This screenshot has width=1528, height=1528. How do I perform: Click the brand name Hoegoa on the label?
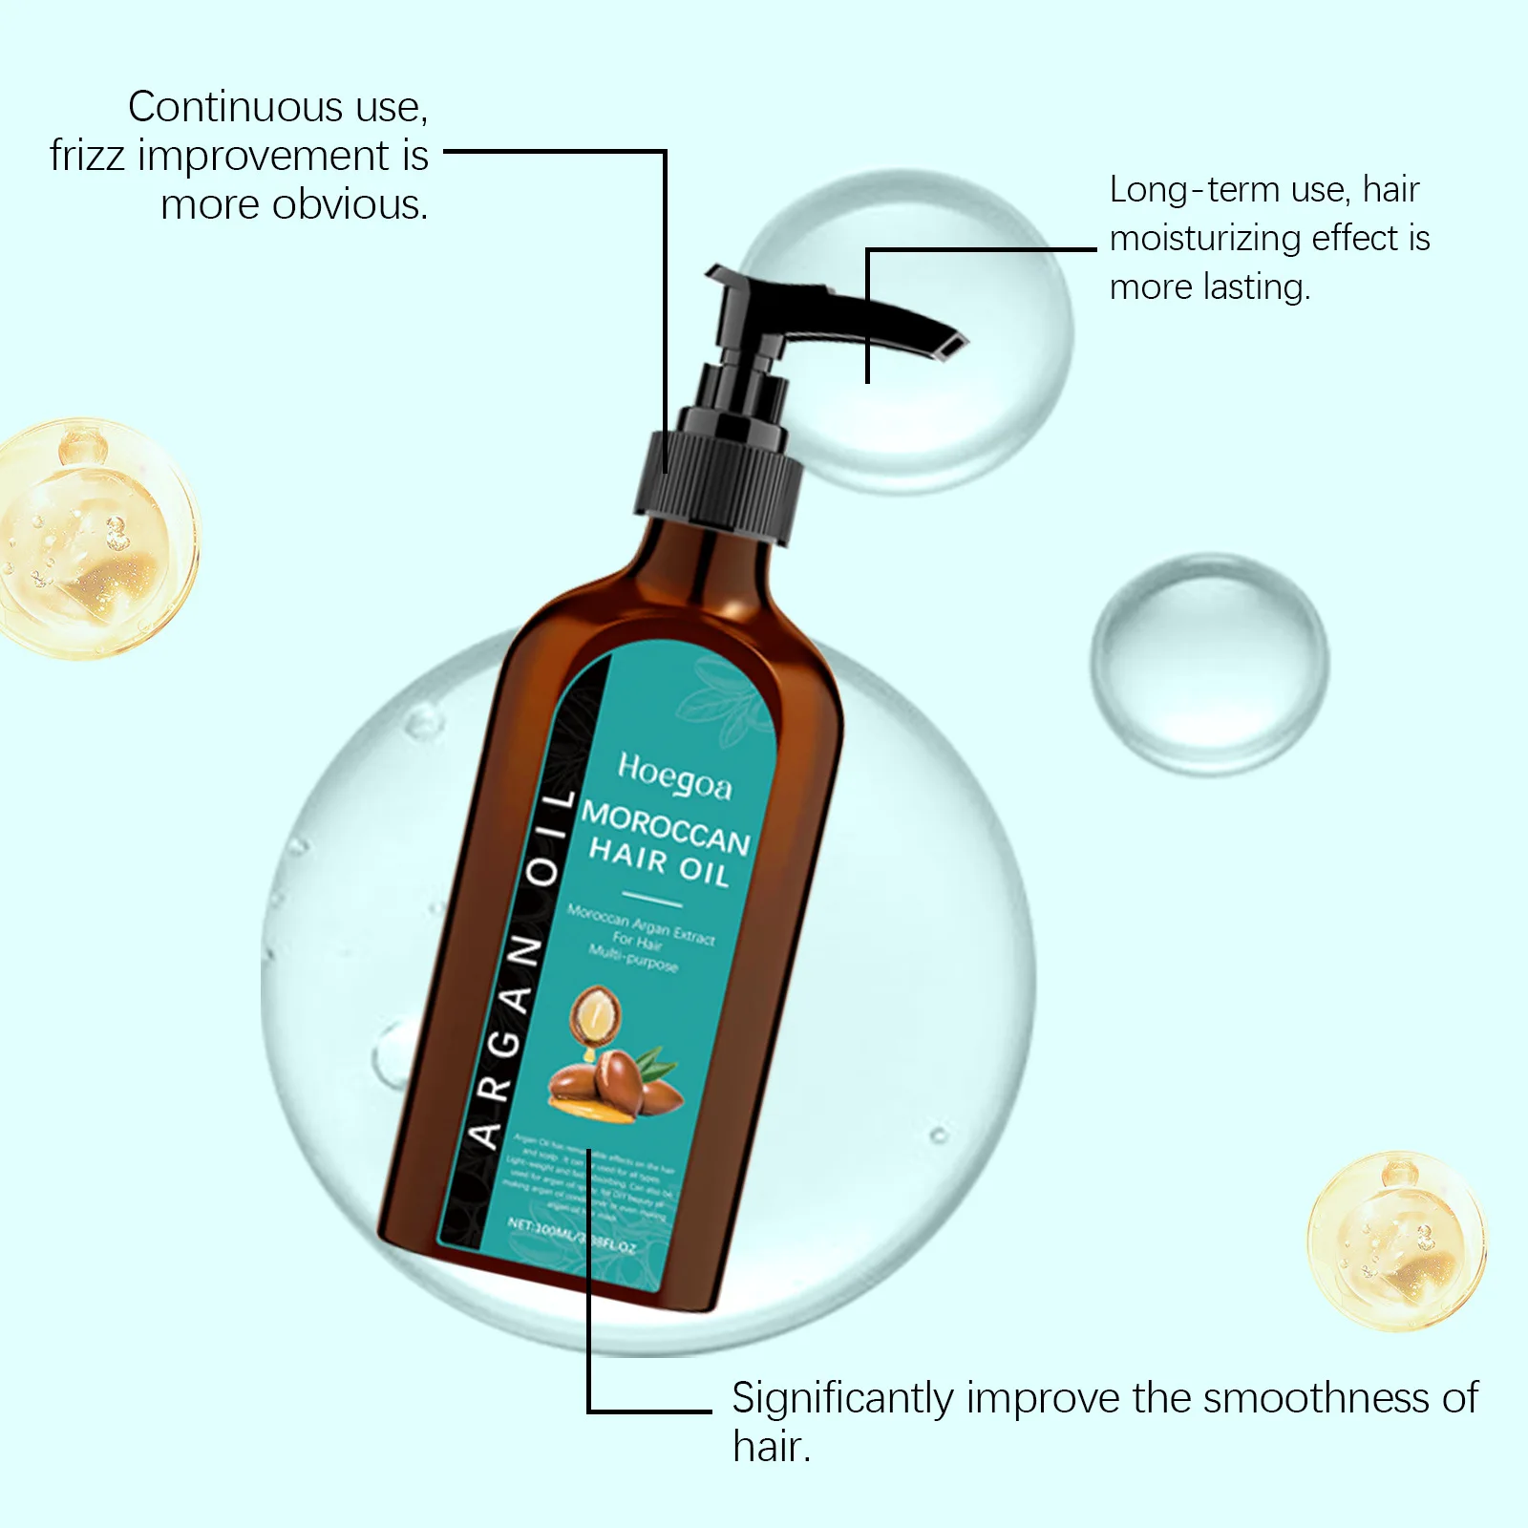pos(674,775)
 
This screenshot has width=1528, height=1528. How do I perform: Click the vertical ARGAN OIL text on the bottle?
pos(521,969)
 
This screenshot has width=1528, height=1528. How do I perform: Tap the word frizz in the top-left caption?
pos(87,156)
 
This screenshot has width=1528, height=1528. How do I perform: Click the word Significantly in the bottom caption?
pos(842,1399)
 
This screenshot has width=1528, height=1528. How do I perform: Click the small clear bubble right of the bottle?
pos(1209,663)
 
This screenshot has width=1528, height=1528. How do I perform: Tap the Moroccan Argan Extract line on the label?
pos(640,923)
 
